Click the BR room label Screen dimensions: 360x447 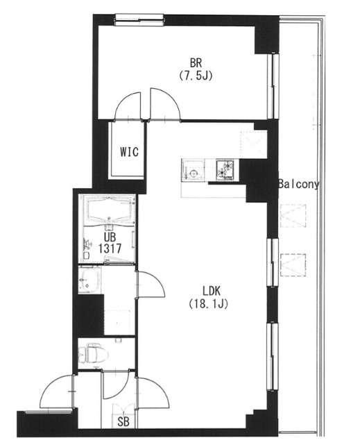[196, 62]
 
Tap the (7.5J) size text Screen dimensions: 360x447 [196, 76]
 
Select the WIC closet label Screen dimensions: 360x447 [129, 151]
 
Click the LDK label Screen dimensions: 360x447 [212, 291]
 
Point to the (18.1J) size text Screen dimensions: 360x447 [209, 304]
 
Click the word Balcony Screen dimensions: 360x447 [298, 185]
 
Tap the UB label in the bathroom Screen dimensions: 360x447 [110, 237]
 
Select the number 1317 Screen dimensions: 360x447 [110, 248]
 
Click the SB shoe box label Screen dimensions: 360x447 [123, 422]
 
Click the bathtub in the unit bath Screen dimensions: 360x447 [110, 210]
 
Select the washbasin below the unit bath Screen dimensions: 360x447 [89, 280]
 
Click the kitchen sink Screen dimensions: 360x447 [193, 171]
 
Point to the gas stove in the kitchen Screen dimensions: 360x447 [225, 170]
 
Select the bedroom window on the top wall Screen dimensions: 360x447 [139, 20]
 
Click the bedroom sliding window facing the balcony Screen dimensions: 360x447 [273, 86]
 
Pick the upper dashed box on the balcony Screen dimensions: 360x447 [293, 215]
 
